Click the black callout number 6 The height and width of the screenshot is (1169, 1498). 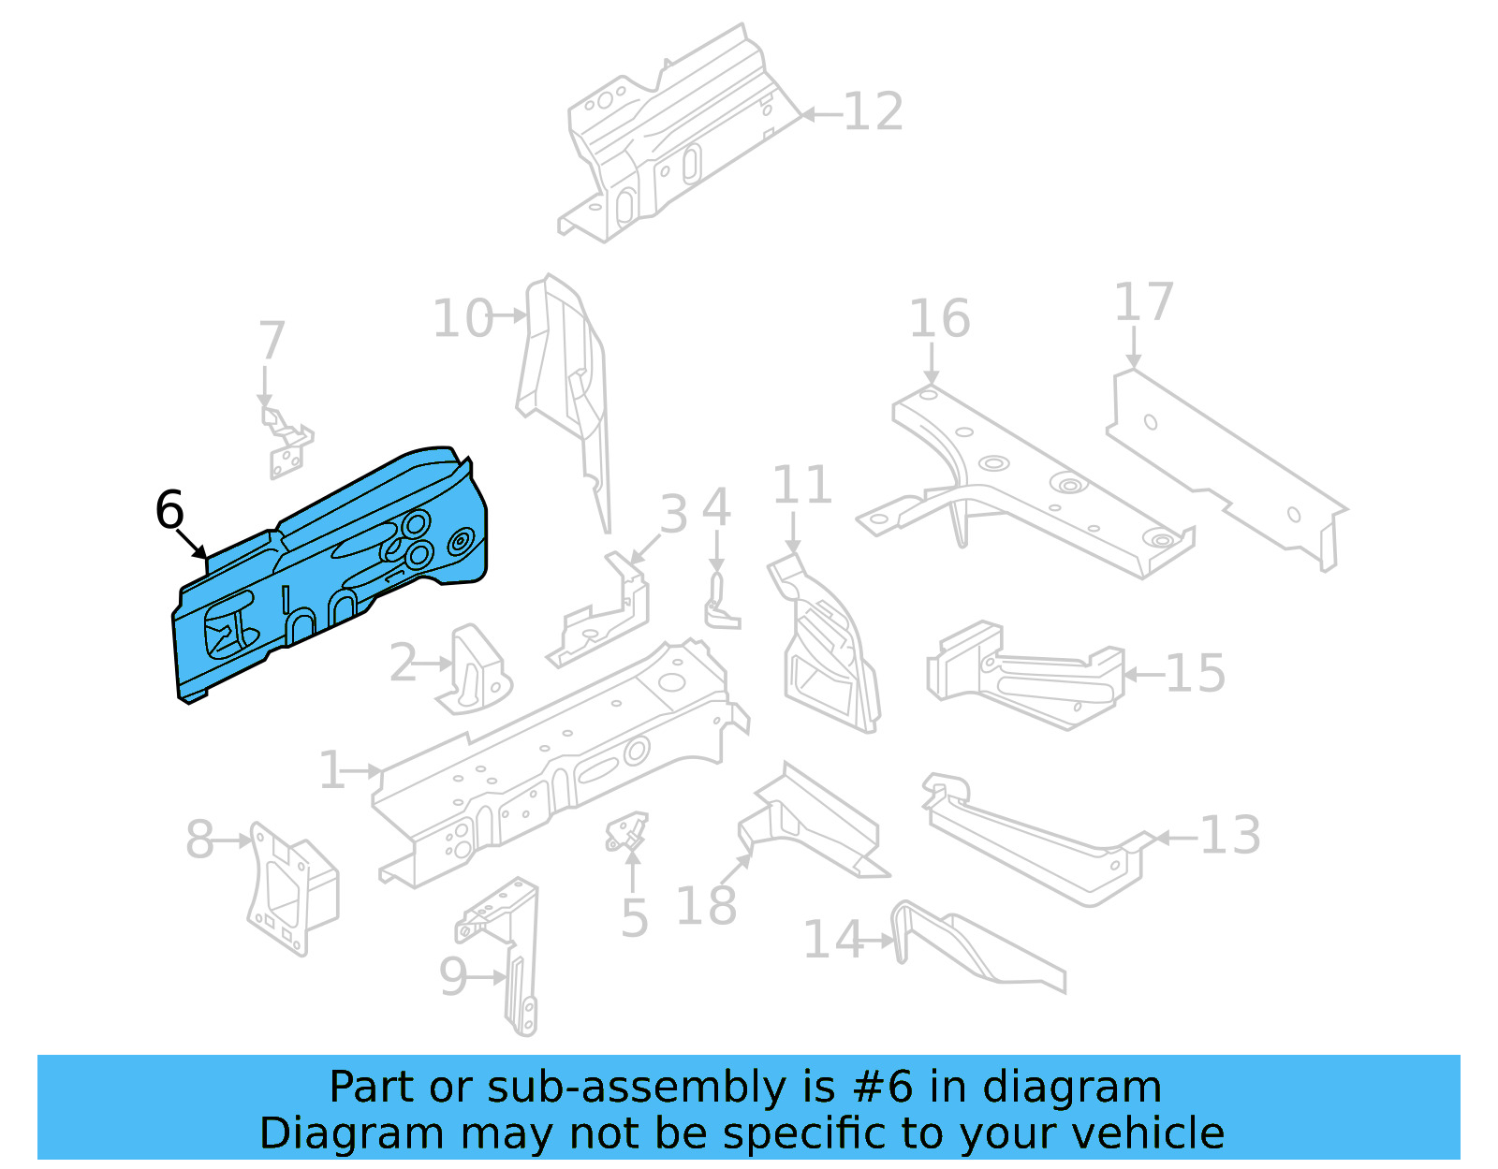[169, 511]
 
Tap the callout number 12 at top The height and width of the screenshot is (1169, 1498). [873, 112]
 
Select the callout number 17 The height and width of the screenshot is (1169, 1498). [1143, 303]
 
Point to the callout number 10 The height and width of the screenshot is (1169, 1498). [463, 319]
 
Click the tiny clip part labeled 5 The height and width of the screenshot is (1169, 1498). [626, 831]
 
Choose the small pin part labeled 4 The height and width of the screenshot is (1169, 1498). [719, 604]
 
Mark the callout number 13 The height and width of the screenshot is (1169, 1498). [1230, 836]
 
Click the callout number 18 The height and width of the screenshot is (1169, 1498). [706, 907]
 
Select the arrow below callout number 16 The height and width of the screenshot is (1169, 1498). [931, 363]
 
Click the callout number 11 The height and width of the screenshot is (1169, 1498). [802, 486]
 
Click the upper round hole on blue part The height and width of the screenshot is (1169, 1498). [416, 523]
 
